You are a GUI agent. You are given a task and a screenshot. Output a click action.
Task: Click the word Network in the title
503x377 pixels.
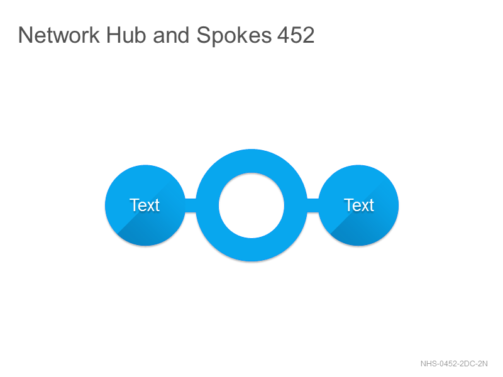point(59,35)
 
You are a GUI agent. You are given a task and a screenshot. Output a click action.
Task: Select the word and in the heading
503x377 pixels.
point(171,35)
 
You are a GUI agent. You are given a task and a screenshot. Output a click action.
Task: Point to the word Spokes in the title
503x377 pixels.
point(234,36)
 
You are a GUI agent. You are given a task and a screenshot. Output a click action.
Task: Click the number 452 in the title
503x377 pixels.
point(296,35)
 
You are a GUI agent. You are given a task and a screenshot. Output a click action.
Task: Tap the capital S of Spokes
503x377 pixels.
point(204,35)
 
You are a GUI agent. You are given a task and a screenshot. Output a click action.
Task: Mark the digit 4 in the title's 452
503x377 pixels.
point(284,35)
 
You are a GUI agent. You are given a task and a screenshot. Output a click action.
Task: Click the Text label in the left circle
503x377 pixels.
point(145,205)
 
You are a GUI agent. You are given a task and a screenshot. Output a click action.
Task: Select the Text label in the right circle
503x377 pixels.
point(359,205)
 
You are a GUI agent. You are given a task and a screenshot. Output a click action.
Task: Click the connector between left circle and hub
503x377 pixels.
point(191,205)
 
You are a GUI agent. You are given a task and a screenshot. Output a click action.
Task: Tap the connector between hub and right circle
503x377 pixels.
point(312,205)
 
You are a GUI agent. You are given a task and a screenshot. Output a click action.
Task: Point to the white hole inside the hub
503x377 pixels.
point(251,205)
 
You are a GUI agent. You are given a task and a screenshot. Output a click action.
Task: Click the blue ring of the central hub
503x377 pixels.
point(251,161)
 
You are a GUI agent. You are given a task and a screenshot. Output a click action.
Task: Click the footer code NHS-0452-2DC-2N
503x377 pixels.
point(454,364)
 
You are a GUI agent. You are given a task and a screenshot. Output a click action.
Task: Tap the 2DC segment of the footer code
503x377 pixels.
point(467,364)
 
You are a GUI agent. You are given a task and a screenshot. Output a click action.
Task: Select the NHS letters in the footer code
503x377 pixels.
point(428,364)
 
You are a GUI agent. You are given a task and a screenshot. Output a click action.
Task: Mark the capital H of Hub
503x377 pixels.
point(113,35)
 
